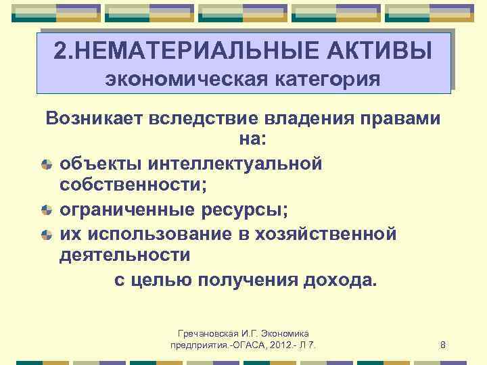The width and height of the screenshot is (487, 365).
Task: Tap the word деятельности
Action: point(124,256)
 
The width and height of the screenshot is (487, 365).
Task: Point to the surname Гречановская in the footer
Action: point(207,334)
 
